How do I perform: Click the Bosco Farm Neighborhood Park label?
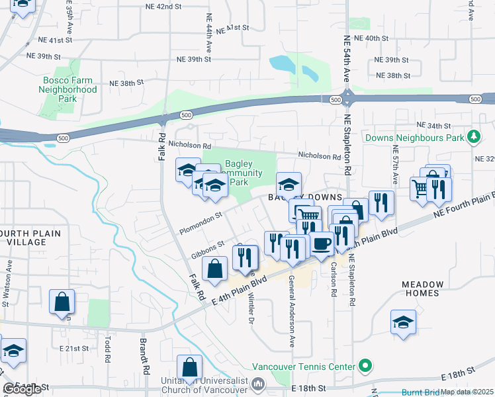(x=67, y=89)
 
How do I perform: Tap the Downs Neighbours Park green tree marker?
(x=473, y=138)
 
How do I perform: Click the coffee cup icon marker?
(x=322, y=243)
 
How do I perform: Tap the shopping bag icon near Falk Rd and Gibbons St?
(x=215, y=269)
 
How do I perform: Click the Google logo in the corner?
(x=22, y=389)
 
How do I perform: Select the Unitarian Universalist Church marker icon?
(x=258, y=384)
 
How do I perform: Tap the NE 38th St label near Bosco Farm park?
(x=126, y=83)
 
